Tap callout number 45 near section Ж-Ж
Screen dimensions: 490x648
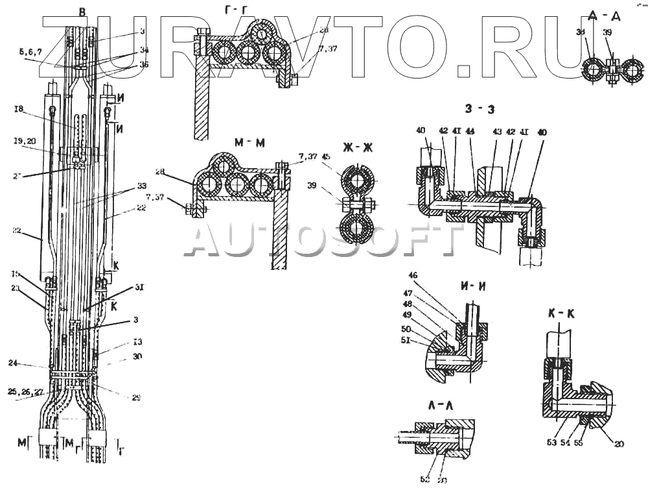click(x=325, y=156)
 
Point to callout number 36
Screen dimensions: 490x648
click(x=143, y=64)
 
